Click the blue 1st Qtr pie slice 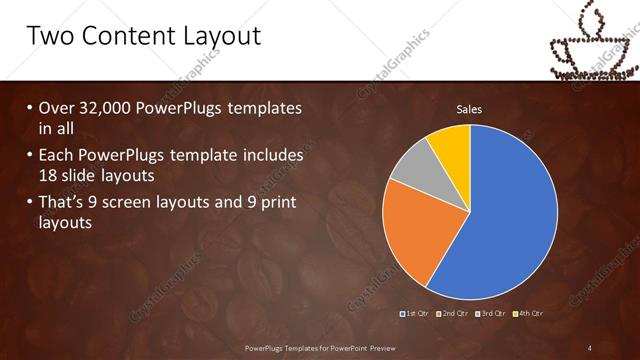point(510,220)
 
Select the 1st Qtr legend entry point(414,314)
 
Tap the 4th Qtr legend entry point(529,314)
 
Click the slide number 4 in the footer point(590,348)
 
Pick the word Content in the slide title point(125,37)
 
